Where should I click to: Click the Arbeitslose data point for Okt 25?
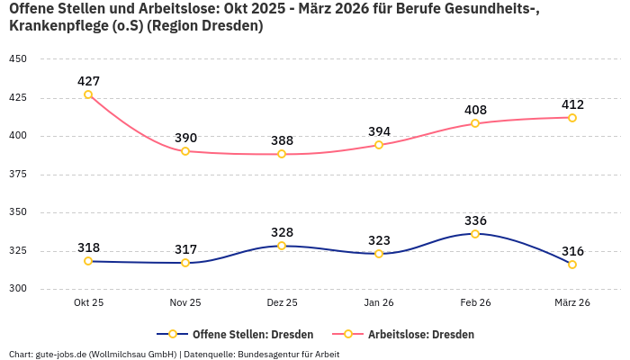[88, 94]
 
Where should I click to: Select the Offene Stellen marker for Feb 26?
[475, 234]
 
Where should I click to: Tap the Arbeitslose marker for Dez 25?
[282, 154]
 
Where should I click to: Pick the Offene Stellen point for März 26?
[572, 265]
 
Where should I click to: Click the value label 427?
[88, 81]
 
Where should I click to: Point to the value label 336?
[475, 220]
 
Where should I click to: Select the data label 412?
[572, 104]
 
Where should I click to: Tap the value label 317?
[185, 249]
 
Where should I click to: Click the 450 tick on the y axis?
[18, 59]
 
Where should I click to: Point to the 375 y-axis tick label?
[18, 175]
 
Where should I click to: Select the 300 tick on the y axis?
[18, 289]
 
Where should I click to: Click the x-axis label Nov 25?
[185, 302]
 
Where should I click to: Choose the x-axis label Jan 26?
[379, 302]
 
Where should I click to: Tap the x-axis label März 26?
[572, 302]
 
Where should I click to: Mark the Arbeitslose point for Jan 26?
[379, 145]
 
